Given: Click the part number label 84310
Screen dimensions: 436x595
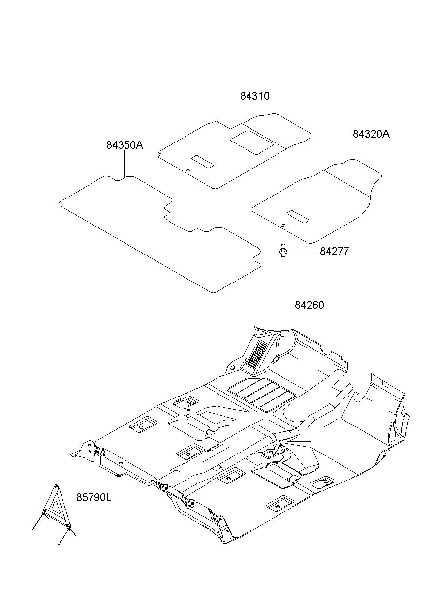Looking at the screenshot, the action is click(x=254, y=96).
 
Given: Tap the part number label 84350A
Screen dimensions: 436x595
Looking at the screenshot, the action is click(x=125, y=145).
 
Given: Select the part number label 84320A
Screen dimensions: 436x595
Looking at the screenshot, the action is click(x=371, y=134).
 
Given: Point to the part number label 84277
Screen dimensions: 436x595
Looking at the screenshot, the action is click(x=334, y=251).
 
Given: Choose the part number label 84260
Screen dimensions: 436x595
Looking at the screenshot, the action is click(x=310, y=305).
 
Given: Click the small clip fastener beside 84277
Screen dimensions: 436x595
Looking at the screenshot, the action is click(x=283, y=251).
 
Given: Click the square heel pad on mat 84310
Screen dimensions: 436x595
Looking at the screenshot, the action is click(x=252, y=142).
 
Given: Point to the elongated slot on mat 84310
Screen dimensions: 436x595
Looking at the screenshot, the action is click(x=202, y=162).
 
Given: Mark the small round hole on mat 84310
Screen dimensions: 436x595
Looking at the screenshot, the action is click(x=187, y=170).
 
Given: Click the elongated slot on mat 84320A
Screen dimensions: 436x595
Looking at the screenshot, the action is click(x=298, y=217).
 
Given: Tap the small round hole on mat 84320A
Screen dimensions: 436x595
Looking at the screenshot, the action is click(x=283, y=225).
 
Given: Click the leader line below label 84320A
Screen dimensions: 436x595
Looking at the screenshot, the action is click(x=370, y=153).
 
